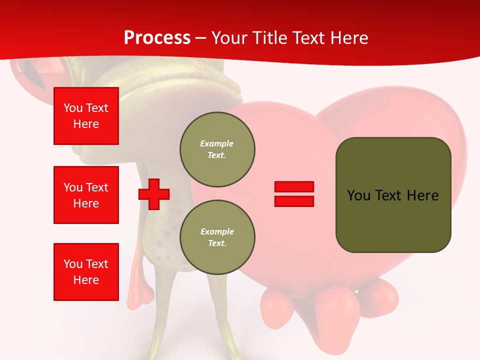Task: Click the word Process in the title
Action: coord(157,38)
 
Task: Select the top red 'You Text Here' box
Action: coord(86,116)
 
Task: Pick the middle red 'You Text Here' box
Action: coord(86,195)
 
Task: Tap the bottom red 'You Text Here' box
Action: coord(86,272)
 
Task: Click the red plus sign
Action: coord(154,194)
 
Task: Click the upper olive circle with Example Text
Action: coord(217,149)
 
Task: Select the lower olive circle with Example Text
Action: coord(217,237)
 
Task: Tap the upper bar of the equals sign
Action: coord(294,186)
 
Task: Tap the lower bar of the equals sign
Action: coord(294,201)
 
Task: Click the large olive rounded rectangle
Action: coord(393,220)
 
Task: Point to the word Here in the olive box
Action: coord(422,195)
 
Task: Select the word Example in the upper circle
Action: coord(216,143)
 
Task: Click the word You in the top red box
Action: coord(73,108)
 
